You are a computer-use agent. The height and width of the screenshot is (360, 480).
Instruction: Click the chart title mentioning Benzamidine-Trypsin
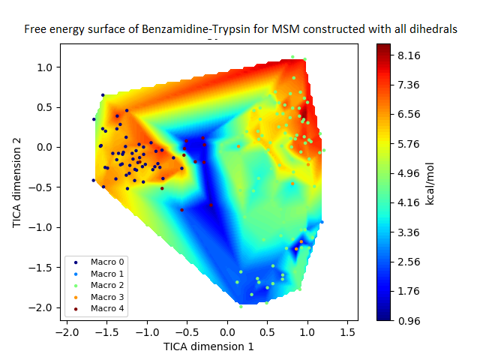pyautogui.click(x=240, y=30)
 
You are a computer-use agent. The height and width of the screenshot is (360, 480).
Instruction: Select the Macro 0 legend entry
pyautogui.click(x=107, y=261)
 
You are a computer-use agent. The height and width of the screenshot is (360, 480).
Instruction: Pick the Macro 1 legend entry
pyautogui.click(x=107, y=273)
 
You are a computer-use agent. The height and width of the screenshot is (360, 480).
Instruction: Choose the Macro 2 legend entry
pyautogui.click(x=107, y=285)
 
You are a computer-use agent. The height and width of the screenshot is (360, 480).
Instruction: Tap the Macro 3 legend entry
pyautogui.click(x=107, y=297)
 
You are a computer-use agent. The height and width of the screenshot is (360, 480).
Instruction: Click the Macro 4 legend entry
pyautogui.click(x=107, y=309)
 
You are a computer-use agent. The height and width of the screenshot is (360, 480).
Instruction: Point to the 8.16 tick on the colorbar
pyautogui.click(x=412, y=55)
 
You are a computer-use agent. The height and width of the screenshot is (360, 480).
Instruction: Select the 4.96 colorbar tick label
pyautogui.click(x=412, y=173)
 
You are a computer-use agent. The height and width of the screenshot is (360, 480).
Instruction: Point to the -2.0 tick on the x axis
pyautogui.click(x=67, y=331)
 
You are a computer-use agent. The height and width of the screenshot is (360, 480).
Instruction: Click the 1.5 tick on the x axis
pyautogui.click(x=347, y=331)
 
